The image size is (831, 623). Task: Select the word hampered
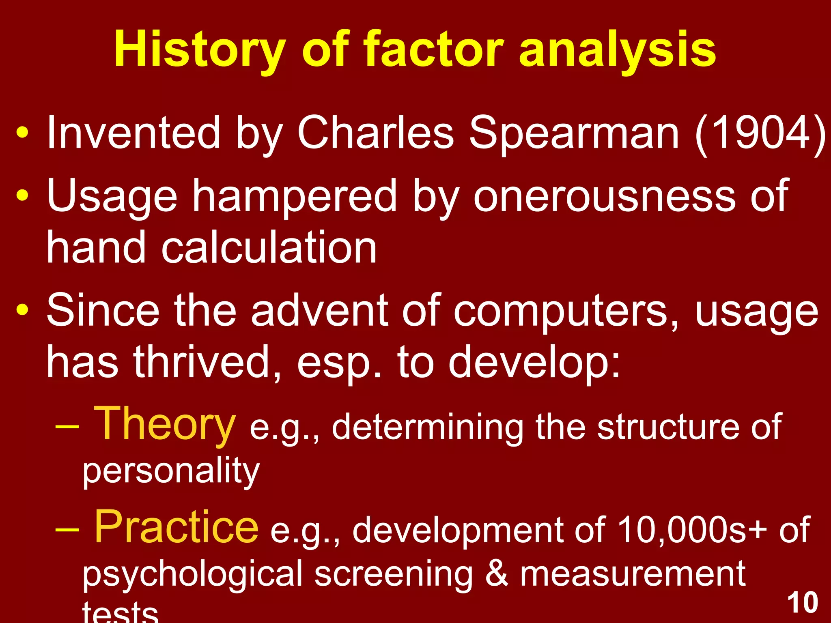click(x=294, y=197)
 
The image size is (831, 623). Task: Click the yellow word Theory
click(x=165, y=424)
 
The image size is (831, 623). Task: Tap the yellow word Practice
click(x=176, y=527)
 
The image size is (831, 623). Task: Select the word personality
click(x=171, y=471)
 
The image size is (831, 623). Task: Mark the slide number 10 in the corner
click(x=803, y=602)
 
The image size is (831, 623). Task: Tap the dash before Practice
click(x=67, y=530)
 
